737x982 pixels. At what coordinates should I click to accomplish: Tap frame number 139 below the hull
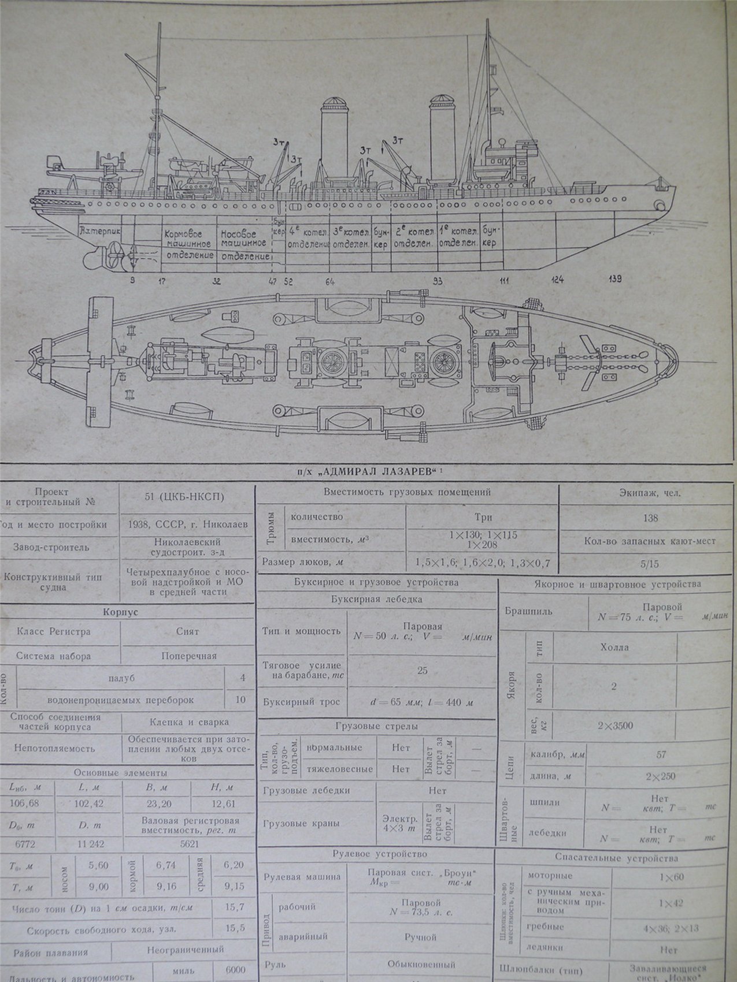click(616, 280)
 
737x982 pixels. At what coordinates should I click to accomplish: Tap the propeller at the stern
click(113, 254)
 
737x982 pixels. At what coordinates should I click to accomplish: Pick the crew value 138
click(651, 518)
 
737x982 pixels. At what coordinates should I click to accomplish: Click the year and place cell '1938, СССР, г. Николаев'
click(188, 525)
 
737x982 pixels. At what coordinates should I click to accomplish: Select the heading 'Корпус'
click(128, 612)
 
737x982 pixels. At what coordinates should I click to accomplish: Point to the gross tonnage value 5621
click(189, 843)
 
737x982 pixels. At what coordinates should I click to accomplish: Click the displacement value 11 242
click(90, 843)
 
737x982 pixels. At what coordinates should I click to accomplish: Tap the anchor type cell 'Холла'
click(614, 647)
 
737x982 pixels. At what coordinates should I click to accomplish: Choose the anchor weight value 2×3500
click(614, 726)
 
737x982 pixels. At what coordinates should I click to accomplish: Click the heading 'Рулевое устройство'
click(379, 853)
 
